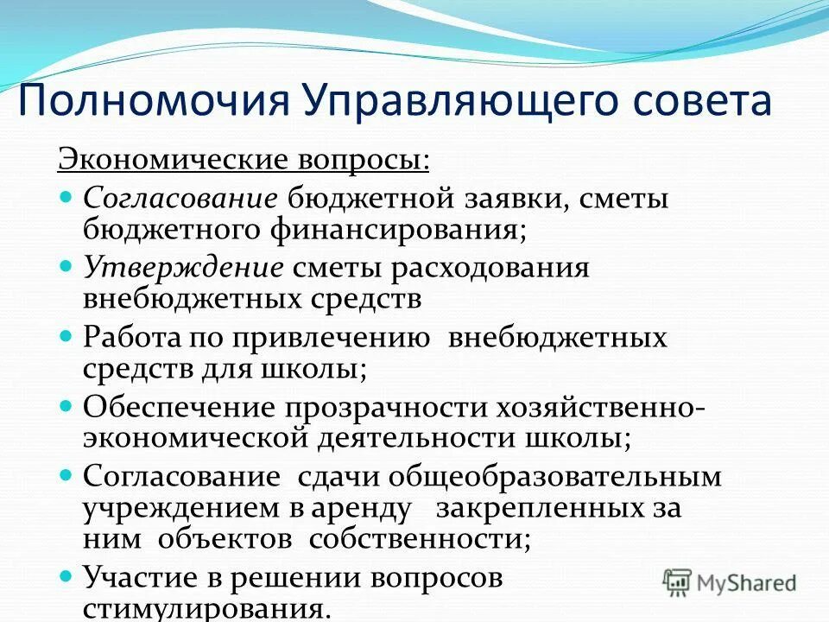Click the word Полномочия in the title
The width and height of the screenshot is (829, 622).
tap(151, 101)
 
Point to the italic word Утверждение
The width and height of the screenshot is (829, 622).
tap(183, 268)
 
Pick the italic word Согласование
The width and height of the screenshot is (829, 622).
tap(180, 199)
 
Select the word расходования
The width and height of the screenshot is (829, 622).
tap(490, 268)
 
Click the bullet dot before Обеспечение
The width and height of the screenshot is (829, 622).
tap(69, 403)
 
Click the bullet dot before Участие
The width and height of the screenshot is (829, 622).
tap(69, 572)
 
